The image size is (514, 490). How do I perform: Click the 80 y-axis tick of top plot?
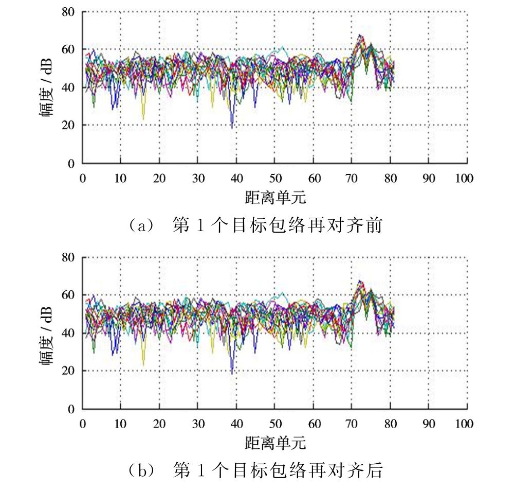pos(68,12)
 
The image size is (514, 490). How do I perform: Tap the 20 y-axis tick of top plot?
pos(68,125)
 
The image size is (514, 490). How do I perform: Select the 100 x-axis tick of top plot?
pos(464,178)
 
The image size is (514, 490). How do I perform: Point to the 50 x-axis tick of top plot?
pos(276,178)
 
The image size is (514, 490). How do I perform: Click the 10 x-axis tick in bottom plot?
pos(120,424)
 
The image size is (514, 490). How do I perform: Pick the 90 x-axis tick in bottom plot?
pos(429,424)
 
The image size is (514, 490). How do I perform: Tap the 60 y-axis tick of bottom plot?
pos(68,295)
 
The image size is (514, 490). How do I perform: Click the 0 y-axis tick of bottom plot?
pos(71,409)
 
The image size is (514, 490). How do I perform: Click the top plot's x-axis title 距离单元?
pos(276,198)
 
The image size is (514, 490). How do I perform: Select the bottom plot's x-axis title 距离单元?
pos(276,443)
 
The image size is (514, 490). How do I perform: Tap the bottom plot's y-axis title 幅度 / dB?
pos(46,336)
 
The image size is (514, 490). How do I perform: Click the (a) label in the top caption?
pos(142,226)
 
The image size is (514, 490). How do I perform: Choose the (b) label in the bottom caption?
pos(142,471)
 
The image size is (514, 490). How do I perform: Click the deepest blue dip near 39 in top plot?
pos(232,128)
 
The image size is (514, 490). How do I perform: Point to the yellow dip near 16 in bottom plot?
pos(143,365)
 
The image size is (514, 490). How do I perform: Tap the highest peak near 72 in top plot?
pos(360,34)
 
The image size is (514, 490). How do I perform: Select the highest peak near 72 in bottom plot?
pos(360,281)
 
